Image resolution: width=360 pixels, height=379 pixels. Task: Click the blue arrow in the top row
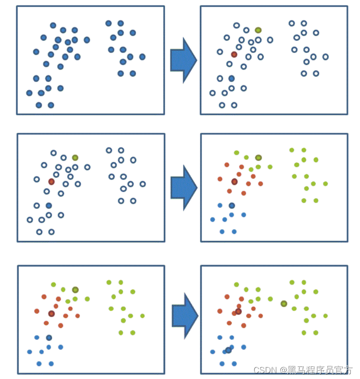[183, 60]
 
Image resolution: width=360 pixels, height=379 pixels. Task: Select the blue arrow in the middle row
[183, 188]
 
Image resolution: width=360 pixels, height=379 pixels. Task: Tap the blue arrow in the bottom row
[184, 315]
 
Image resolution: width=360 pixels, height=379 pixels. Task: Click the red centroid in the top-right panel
[234, 54]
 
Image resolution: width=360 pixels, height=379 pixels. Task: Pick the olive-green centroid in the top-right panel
[258, 30]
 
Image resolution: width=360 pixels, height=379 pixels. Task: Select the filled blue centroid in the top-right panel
[231, 78]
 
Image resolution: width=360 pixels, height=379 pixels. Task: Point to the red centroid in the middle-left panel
[51, 182]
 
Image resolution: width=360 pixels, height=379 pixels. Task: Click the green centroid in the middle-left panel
[75, 158]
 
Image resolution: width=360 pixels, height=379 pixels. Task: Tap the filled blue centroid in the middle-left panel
[49, 205]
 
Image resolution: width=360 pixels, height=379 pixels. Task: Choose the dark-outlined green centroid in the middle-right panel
[258, 158]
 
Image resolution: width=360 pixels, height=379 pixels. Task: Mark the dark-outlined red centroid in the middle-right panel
[234, 182]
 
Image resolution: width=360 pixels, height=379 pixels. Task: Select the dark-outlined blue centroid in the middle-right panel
[231, 205]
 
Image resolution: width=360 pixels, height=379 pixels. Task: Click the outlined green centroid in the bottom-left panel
[75, 290]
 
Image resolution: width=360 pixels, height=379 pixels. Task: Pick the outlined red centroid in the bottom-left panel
[51, 314]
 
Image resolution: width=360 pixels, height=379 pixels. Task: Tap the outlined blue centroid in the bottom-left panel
[49, 338]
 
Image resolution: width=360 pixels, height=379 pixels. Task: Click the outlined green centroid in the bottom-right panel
[283, 303]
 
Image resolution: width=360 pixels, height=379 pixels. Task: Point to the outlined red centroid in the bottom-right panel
[238, 311]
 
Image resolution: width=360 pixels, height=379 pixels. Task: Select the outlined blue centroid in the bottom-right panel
[228, 350]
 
